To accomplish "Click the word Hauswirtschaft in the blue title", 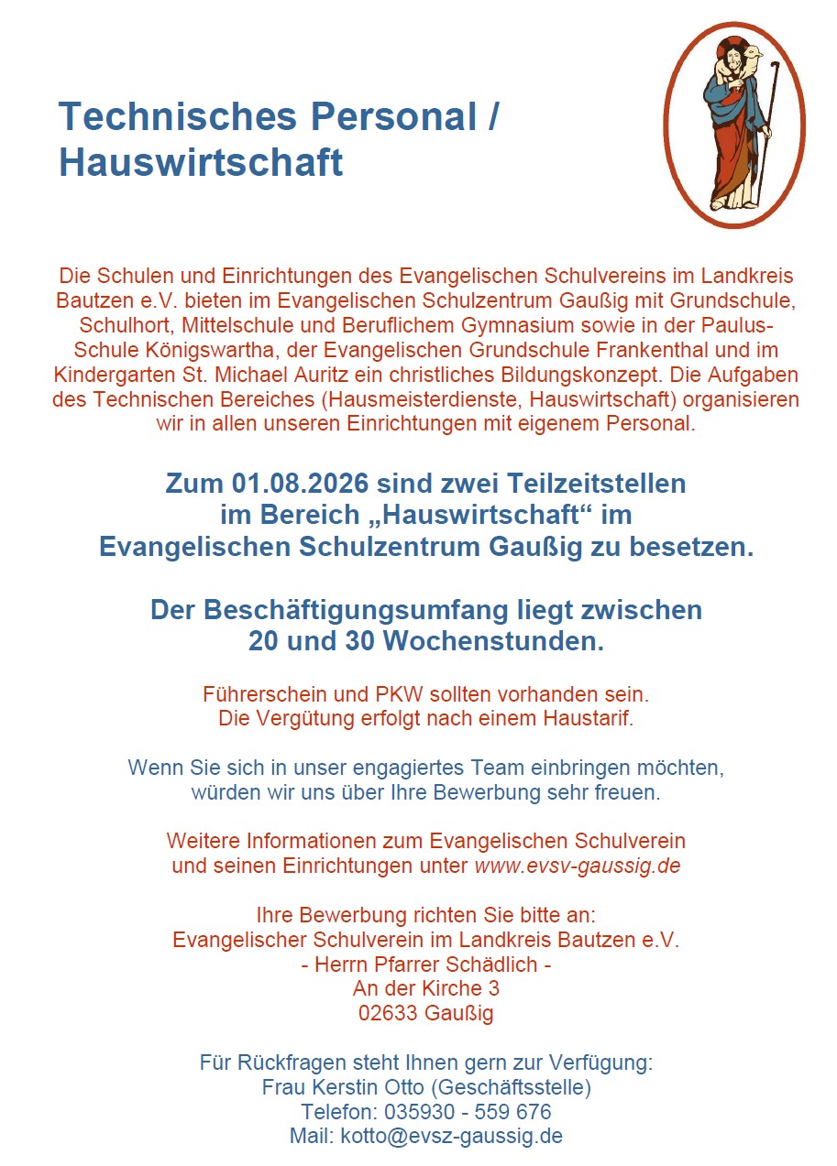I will coord(201,162).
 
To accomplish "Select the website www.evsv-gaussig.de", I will coord(577,866).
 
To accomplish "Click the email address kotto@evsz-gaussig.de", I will coord(451,1137).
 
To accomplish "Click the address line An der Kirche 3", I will coord(425,989).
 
